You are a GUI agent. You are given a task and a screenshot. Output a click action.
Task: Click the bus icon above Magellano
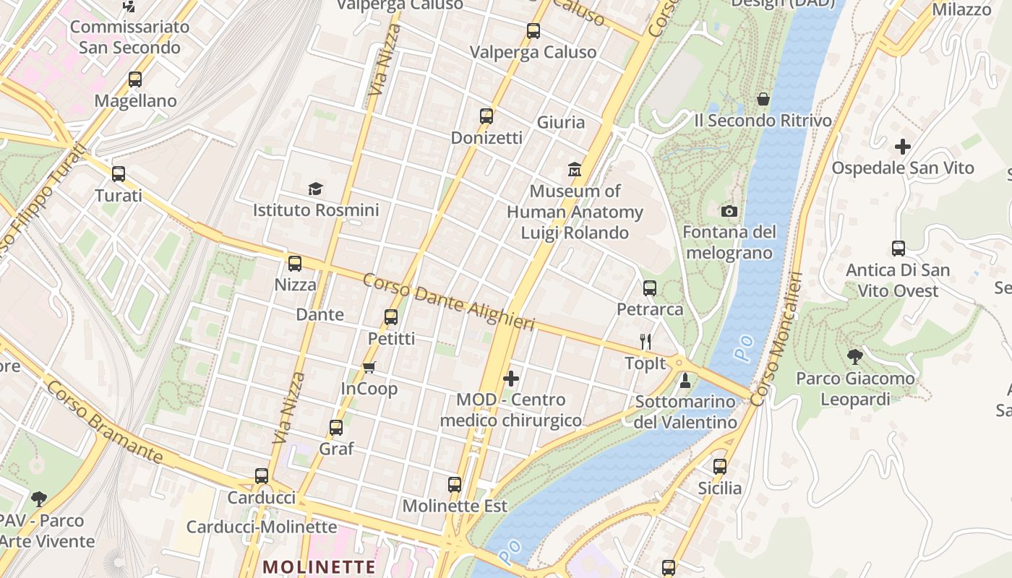coord(135,79)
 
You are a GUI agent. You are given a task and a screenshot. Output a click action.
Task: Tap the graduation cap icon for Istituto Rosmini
coord(315,189)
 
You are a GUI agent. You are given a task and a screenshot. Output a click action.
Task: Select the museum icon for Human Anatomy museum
coord(575,170)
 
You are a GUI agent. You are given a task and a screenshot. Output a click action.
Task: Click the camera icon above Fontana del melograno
coord(729,211)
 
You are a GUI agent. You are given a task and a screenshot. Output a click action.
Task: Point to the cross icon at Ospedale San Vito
coord(902,147)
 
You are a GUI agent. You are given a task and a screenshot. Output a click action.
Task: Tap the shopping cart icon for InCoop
coord(369,368)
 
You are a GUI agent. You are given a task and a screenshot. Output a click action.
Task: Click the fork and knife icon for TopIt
coord(646,341)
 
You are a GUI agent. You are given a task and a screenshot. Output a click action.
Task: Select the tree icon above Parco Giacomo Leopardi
coord(855,356)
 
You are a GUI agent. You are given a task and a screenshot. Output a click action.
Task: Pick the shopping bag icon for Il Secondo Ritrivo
coord(763,99)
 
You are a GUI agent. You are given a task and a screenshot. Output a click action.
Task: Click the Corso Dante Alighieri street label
coord(448,302)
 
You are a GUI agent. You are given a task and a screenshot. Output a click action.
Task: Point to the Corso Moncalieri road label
coord(776,339)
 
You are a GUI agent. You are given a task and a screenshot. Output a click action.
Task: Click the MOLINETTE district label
coord(319,566)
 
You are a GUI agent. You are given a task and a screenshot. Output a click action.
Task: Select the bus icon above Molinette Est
coord(454,484)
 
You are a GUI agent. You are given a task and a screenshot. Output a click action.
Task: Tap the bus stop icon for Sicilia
coord(719,467)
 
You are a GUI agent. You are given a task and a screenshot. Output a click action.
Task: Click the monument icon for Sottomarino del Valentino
coord(685,380)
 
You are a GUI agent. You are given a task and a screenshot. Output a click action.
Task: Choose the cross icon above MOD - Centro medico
coord(511,378)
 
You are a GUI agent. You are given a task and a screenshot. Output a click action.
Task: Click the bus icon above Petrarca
coord(649,288)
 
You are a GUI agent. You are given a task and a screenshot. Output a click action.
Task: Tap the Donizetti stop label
coord(486,137)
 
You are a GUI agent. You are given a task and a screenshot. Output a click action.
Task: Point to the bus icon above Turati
coord(119,174)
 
